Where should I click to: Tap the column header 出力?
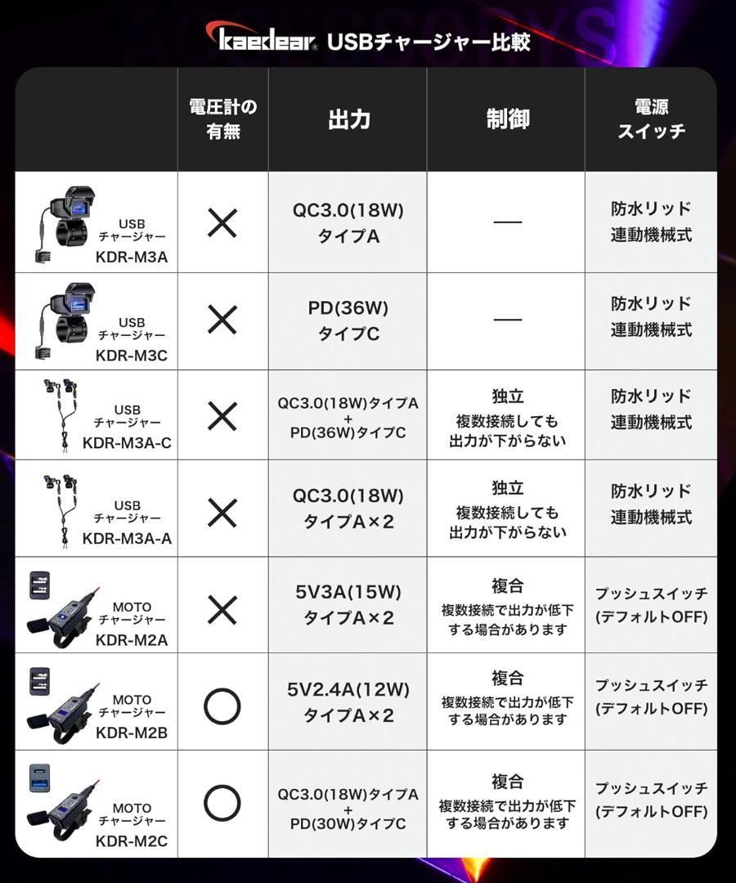pos(348,119)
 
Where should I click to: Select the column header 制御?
pos(507,119)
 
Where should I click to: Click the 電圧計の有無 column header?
pos(222,119)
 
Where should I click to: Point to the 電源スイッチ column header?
pos(651,119)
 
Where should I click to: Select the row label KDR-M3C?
pos(132,356)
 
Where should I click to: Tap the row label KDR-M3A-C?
pos(127,442)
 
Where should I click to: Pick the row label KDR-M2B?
pos(132,732)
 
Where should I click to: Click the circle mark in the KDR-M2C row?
pos(222,804)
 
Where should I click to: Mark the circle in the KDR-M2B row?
pos(222,706)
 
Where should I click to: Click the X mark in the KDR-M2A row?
pos(222,610)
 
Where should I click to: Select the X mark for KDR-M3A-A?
pos(222,513)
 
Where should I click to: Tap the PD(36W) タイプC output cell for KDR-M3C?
pos(348,320)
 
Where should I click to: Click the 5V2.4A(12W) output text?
pos(348,689)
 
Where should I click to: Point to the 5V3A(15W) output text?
pos(348,593)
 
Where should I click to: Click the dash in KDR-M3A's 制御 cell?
pos(507,222)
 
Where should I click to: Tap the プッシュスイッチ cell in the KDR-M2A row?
pos(651,605)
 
